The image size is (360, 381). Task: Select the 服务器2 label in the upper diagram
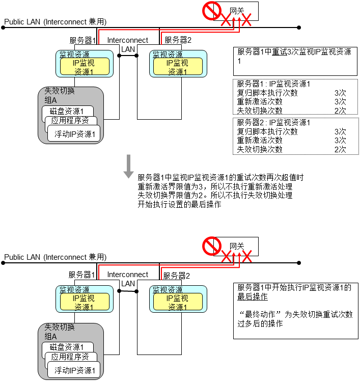click(178, 40)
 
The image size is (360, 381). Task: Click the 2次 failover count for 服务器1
click(340, 111)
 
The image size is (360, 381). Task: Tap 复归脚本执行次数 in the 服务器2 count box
click(267, 131)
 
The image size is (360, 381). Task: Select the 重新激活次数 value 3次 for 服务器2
click(340, 141)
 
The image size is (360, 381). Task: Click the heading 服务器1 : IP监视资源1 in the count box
click(273, 84)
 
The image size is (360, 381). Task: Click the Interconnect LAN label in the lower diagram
click(127, 279)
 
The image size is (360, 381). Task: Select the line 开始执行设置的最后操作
click(179, 204)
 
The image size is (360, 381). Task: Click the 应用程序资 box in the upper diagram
click(71, 121)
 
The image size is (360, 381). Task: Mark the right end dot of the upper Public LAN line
click(299, 28)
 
